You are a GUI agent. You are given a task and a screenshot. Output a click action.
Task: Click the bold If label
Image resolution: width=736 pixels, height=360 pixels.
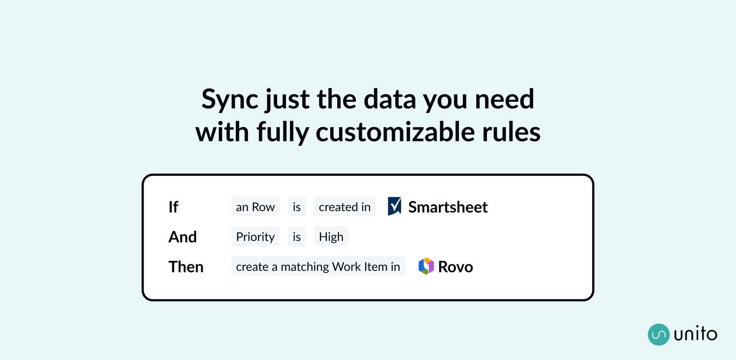pyautogui.click(x=173, y=207)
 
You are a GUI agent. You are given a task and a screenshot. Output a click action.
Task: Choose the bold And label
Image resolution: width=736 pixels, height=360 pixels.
pyautogui.click(x=182, y=237)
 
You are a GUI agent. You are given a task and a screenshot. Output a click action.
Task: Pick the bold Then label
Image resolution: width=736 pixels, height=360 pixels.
pyautogui.click(x=186, y=266)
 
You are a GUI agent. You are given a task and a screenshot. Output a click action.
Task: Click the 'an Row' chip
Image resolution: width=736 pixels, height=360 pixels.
pyautogui.click(x=255, y=206)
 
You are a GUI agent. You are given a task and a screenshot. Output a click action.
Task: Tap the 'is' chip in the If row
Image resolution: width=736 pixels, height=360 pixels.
pyautogui.click(x=297, y=206)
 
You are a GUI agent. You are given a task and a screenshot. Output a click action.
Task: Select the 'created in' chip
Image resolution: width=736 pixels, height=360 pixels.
pyautogui.click(x=345, y=206)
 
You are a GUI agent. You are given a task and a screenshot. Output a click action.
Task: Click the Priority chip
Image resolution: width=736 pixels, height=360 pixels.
pyautogui.click(x=255, y=236)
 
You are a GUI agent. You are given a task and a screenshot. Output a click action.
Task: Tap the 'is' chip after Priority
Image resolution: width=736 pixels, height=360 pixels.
pyautogui.click(x=297, y=236)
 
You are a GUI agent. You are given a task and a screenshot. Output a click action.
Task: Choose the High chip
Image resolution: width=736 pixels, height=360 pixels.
pyautogui.click(x=331, y=236)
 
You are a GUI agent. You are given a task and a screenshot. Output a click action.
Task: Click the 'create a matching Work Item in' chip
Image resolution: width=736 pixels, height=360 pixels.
pyautogui.click(x=318, y=266)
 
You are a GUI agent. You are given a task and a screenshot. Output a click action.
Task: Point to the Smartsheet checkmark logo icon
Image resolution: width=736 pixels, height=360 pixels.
pyautogui.click(x=394, y=206)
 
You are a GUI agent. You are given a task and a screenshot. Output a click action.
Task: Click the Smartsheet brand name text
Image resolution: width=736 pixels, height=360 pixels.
pyautogui.click(x=448, y=207)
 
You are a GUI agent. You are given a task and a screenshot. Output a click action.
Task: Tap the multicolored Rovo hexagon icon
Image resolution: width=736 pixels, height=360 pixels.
pyautogui.click(x=426, y=266)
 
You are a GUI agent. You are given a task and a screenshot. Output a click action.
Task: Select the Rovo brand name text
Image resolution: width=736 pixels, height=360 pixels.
pyautogui.click(x=456, y=267)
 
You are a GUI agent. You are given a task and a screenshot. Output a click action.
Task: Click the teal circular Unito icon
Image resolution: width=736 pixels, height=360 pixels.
pyautogui.click(x=659, y=334)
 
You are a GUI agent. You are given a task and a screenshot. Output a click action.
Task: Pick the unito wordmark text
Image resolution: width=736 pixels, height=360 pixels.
pyautogui.click(x=696, y=334)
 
